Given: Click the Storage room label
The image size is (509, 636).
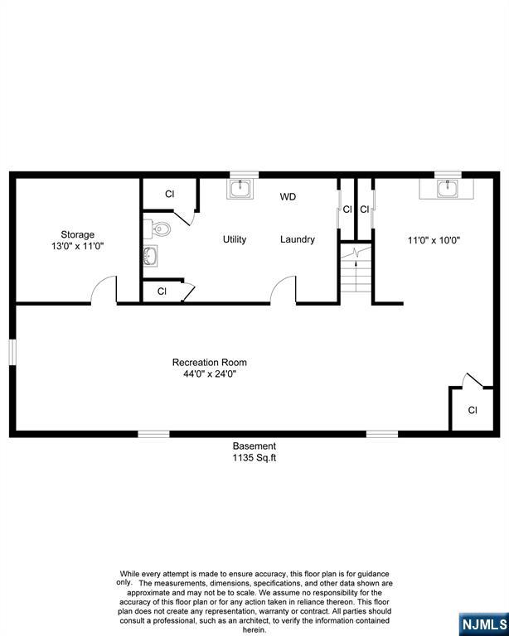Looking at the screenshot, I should pyautogui.click(x=77, y=234).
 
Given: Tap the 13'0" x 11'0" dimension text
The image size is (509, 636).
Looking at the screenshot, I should pyautogui.click(x=77, y=246).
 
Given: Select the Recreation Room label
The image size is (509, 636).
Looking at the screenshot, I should pyautogui.click(x=209, y=362).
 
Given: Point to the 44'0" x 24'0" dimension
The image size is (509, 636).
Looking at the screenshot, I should pyautogui.click(x=209, y=373).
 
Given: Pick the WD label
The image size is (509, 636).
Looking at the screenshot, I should pyautogui.click(x=288, y=197).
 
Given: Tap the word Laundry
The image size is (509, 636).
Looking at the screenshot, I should pyautogui.click(x=297, y=239).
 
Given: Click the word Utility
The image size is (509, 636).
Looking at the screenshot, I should pyautogui.click(x=235, y=239).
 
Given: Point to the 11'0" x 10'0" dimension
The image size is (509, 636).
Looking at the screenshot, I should pyautogui.click(x=434, y=240).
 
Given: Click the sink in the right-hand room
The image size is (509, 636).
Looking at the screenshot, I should pyautogui.click(x=448, y=188).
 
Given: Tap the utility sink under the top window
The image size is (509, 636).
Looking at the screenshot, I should pyautogui.click(x=240, y=189).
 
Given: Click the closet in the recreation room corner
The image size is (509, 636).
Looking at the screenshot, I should pyautogui.click(x=472, y=409).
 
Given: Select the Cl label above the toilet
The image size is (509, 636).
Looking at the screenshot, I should pyautogui.click(x=169, y=194).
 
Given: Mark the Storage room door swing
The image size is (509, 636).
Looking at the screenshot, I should pyautogui.click(x=104, y=291).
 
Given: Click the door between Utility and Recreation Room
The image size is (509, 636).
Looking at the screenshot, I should pyautogui.click(x=284, y=291).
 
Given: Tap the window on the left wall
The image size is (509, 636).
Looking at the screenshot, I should pyautogui.click(x=12, y=350).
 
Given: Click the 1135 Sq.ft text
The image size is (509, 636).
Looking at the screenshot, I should pyautogui.click(x=254, y=457).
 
